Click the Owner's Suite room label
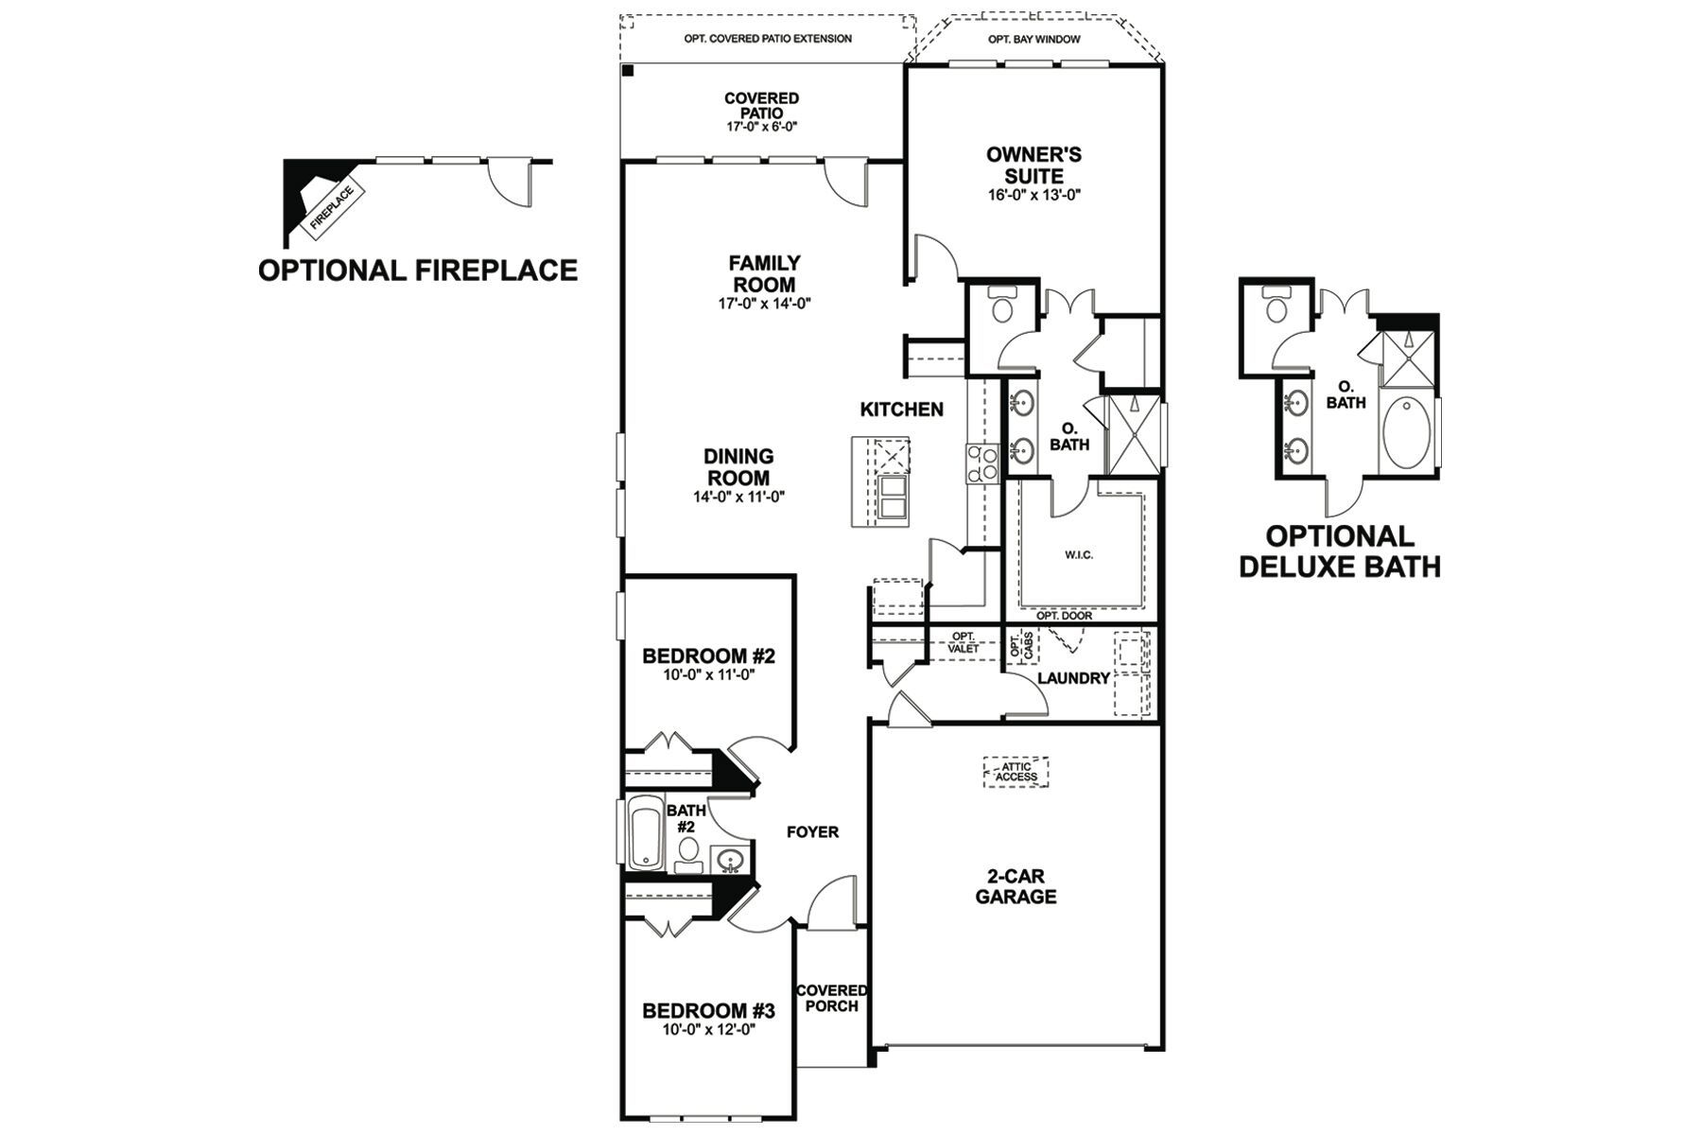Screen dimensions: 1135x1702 [1033, 166]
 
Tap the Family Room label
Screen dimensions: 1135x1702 [764, 273]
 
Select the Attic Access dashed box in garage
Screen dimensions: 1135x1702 [1016, 772]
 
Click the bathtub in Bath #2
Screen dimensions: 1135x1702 [648, 832]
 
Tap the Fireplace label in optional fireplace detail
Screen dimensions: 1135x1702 [332, 207]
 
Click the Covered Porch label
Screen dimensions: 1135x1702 [831, 998]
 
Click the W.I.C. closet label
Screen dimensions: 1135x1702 [1079, 555]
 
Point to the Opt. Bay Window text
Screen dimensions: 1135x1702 [1033, 40]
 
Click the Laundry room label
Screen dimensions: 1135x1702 [1073, 678]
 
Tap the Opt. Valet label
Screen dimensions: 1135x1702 [964, 642]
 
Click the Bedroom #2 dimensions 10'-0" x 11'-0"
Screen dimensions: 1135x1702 [708, 676]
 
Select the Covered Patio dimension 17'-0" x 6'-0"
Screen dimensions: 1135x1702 [761, 127]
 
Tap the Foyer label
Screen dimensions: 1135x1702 [812, 832]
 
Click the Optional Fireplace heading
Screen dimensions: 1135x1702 [418, 271]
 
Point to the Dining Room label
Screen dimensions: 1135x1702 [738, 467]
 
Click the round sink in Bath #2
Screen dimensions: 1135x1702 [729, 861]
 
